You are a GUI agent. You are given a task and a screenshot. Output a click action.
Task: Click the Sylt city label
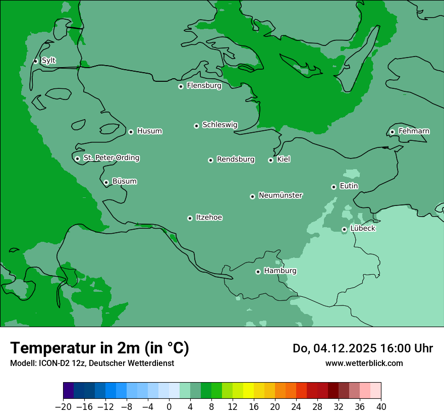48,61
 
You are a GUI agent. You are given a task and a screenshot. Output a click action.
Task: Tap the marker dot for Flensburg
181,86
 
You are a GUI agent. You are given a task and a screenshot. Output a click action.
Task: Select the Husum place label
149,131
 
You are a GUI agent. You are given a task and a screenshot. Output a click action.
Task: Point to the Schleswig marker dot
196,126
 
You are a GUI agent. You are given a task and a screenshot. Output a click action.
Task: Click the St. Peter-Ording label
111,158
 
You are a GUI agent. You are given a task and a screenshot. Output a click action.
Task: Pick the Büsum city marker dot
106,182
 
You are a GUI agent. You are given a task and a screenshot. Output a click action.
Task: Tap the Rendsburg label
236,160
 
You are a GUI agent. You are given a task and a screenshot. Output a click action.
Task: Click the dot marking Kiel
270,160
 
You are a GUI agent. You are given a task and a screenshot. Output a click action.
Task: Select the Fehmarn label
414,131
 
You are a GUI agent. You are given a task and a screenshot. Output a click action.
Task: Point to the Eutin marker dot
334,187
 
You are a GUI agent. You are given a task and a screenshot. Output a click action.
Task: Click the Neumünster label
281,195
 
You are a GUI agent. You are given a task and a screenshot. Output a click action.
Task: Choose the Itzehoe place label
209,218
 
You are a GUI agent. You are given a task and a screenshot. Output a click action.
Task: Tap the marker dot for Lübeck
344,229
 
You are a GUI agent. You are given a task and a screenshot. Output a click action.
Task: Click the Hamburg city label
280,271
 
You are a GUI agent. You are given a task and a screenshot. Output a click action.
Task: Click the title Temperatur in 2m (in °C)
99,348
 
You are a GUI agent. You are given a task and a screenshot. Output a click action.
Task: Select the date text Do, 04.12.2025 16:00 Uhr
362,348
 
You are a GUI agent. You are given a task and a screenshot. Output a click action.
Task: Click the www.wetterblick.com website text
364,363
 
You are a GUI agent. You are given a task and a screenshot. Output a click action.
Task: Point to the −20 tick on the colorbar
64,406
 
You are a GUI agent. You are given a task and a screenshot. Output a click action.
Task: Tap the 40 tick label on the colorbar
381,406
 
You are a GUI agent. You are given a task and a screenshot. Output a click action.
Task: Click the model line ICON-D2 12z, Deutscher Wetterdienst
92,363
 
